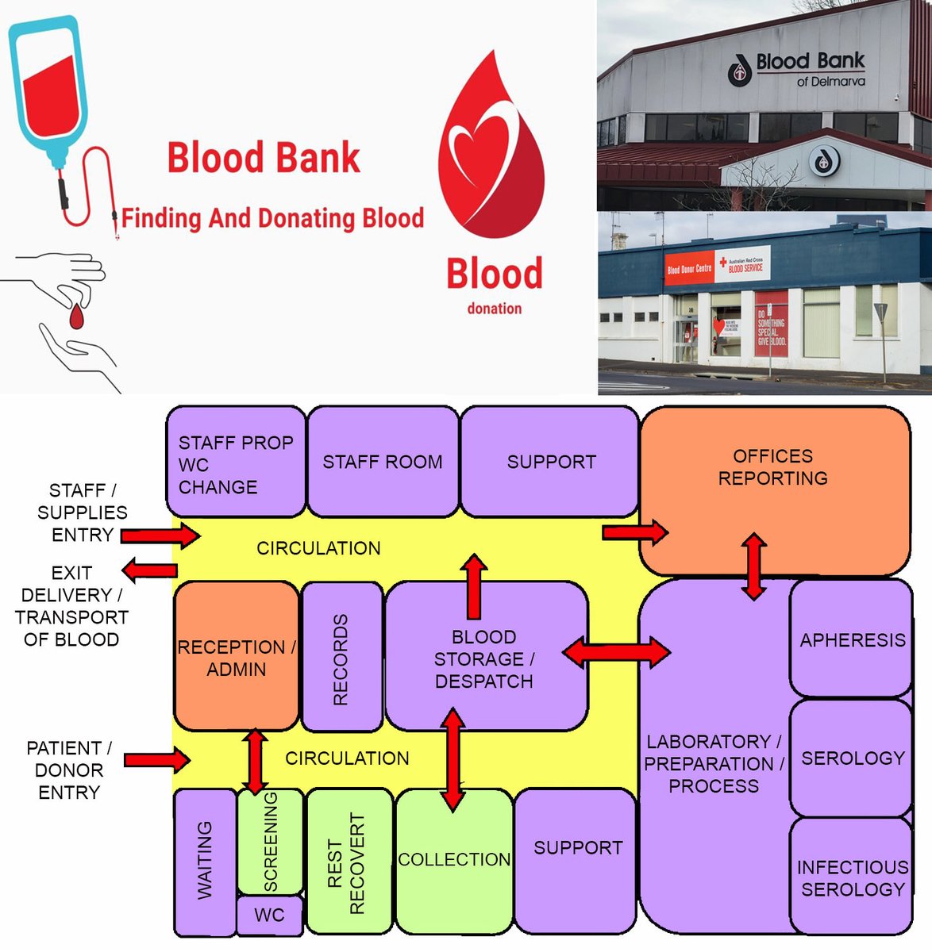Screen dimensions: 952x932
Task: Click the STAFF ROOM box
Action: (382, 462)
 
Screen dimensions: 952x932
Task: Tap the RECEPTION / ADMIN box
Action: (236, 657)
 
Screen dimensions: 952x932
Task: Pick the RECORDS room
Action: (341, 658)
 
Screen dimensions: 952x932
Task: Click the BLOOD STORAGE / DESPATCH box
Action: (485, 658)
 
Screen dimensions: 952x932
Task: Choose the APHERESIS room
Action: (852, 639)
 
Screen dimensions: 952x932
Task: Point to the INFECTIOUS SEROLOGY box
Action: (852, 877)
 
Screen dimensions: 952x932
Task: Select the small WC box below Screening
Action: (269, 916)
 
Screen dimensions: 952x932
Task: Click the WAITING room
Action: (204, 862)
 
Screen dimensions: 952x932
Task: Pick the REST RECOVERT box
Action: (348, 862)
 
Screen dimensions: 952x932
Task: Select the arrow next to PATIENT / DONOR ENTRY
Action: (157, 761)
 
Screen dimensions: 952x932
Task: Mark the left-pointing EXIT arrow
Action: (149, 570)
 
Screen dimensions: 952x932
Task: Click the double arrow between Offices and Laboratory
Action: (753, 566)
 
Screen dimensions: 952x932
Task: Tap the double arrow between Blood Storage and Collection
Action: (453, 759)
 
